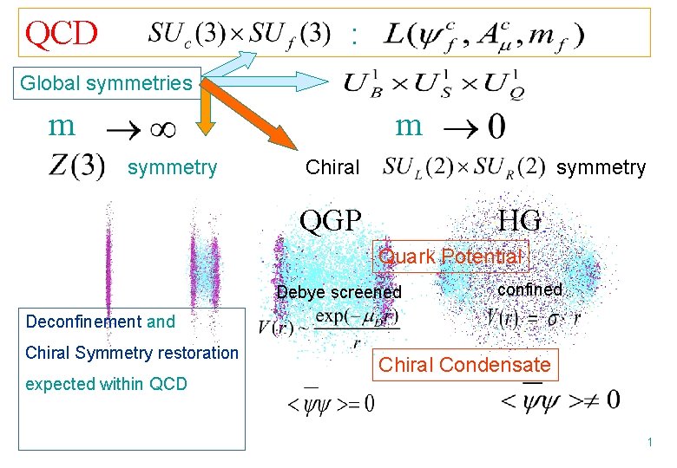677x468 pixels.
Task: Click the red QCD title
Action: pos(62,34)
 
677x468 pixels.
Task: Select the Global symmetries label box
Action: pos(106,83)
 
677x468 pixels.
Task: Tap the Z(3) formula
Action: pos(77,166)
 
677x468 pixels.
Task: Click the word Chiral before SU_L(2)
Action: pos(332,167)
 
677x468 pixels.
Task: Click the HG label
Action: pos(520,221)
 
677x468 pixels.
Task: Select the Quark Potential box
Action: pos(450,257)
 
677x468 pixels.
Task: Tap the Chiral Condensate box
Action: pos(464,365)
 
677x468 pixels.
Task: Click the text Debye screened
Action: pos(339,292)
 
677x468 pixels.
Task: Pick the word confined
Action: pos(529,289)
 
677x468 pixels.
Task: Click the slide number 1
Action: pos(648,443)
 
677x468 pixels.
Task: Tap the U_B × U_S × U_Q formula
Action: pos(434,84)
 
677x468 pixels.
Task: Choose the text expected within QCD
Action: pos(107,384)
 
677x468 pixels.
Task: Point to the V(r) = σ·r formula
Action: pos(533,316)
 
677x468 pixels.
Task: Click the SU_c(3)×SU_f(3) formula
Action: pos(239,35)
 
